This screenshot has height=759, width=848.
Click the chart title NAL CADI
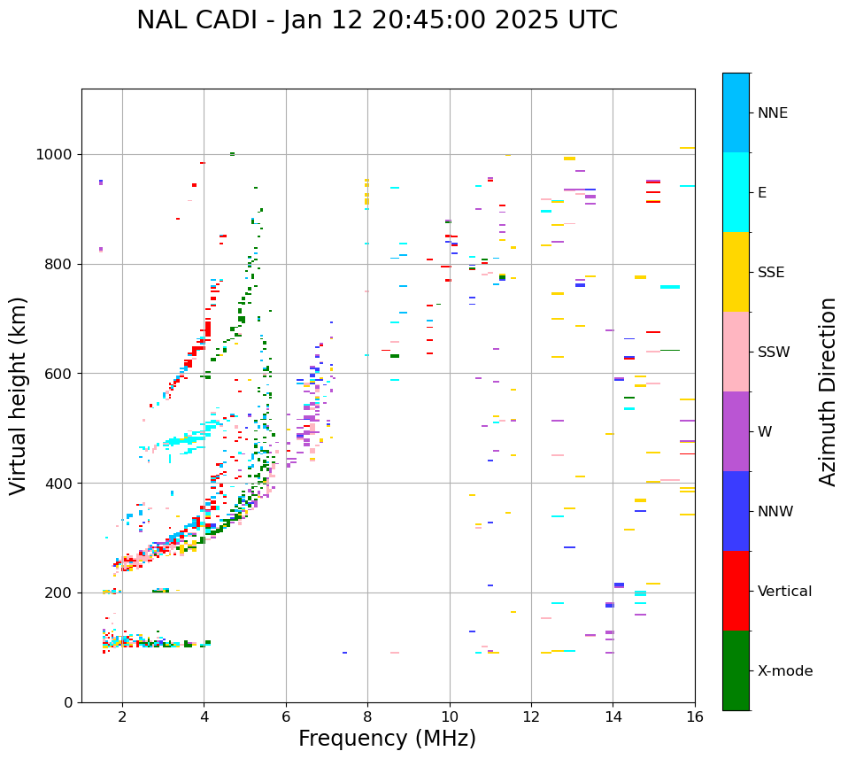click(376, 20)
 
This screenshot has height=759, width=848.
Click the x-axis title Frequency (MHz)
click(387, 739)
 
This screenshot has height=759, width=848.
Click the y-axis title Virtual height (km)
click(19, 395)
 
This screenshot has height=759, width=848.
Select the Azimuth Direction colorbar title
click(828, 391)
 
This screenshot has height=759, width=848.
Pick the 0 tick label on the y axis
click(68, 702)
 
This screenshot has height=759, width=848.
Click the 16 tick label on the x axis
click(694, 716)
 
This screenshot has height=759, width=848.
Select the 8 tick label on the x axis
click(367, 716)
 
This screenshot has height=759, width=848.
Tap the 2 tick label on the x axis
click(122, 716)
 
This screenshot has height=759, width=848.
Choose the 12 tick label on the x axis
click(531, 716)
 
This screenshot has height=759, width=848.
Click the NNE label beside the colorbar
click(772, 113)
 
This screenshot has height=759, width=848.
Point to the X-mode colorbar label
click(784, 671)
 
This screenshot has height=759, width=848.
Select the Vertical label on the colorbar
click(784, 592)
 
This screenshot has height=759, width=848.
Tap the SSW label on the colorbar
click(774, 352)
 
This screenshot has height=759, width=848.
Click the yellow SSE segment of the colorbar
click(736, 272)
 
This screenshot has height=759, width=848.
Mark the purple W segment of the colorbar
click(736, 431)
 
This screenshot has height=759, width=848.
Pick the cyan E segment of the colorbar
click(736, 192)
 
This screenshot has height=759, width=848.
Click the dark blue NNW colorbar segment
click(736, 511)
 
